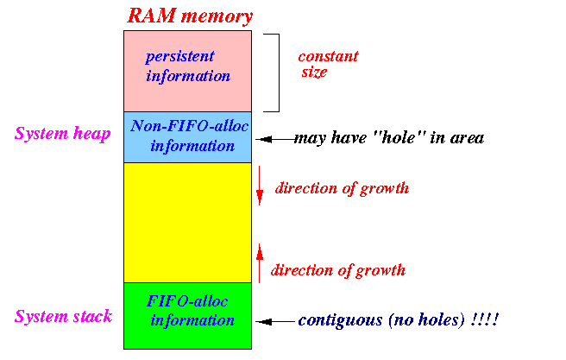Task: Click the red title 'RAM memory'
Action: tap(190, 16)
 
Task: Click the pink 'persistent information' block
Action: tap(188, 71)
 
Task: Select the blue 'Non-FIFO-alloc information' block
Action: tap(188, 137)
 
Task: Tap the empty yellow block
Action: tap(188, 223)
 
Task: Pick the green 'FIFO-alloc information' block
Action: tap(188, 316)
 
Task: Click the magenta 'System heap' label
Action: tap(62, 134)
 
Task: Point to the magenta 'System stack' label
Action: tap(64, 316)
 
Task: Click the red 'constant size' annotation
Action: tap(328, 64)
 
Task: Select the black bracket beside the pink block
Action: tap(279, 73)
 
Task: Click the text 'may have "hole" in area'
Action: tap(389, 138)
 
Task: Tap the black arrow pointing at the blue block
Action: tap(275, 139)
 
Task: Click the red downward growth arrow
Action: tap(260, 186)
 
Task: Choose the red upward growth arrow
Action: tap(260, 263)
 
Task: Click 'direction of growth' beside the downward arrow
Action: tap(342, 188)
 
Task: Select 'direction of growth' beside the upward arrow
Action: tap(338, 270)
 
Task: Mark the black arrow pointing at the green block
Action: tap(275, 321)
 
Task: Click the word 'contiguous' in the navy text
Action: tap(341, 320)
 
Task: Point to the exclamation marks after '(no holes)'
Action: tap(485, 319)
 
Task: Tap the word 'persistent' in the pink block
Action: tap(179, 57)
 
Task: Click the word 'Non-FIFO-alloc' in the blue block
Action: tap(190, 126)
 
